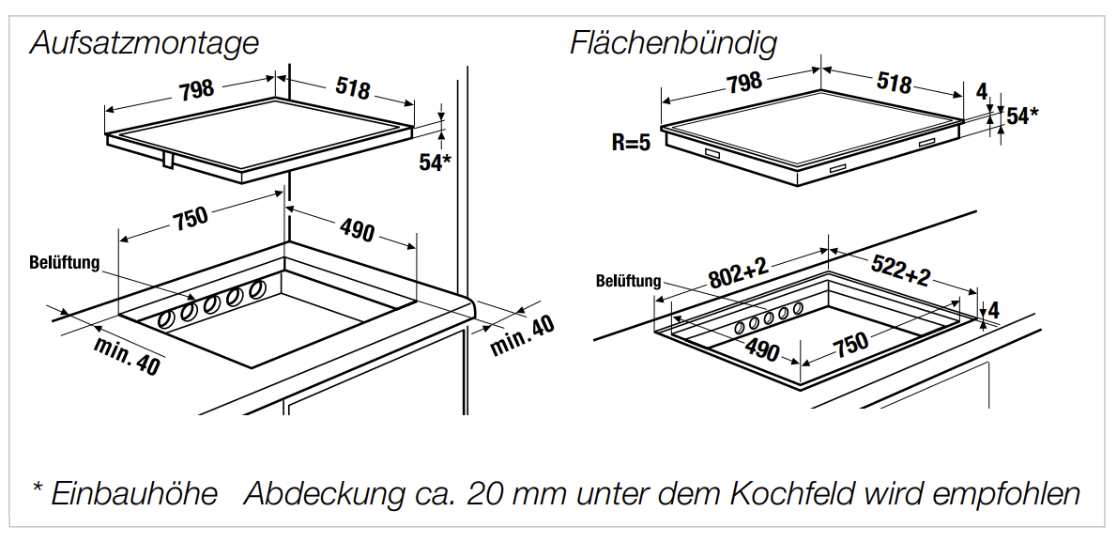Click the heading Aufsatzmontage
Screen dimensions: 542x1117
144,43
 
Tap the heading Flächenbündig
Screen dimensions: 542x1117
673,43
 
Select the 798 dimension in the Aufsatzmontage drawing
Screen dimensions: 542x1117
196,89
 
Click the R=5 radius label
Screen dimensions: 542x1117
631,144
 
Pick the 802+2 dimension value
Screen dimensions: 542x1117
738,274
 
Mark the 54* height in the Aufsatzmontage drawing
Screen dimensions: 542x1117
435,163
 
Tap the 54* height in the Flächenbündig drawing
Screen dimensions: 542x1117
1022,116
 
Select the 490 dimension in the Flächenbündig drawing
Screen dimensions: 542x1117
761,350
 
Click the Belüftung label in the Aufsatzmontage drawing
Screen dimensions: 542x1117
64,263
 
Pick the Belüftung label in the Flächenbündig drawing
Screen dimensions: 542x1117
628,281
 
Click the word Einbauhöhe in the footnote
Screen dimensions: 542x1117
134,493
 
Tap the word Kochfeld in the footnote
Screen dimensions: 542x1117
799,493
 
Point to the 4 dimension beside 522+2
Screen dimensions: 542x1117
994,309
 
